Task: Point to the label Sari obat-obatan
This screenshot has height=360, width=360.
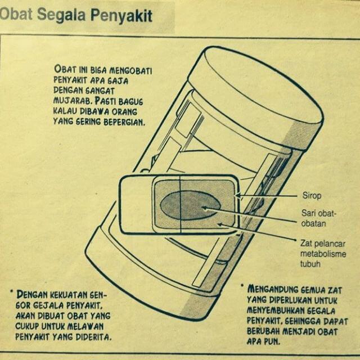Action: (x=315, y=218)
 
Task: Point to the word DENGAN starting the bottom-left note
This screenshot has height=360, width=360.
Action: (x=31, y=294)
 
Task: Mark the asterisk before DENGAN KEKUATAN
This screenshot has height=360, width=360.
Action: (x=11, y=292)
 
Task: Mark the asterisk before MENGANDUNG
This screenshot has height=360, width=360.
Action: (x=242, y=286)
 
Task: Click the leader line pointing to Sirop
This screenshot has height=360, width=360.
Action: (x=270, y=195)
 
